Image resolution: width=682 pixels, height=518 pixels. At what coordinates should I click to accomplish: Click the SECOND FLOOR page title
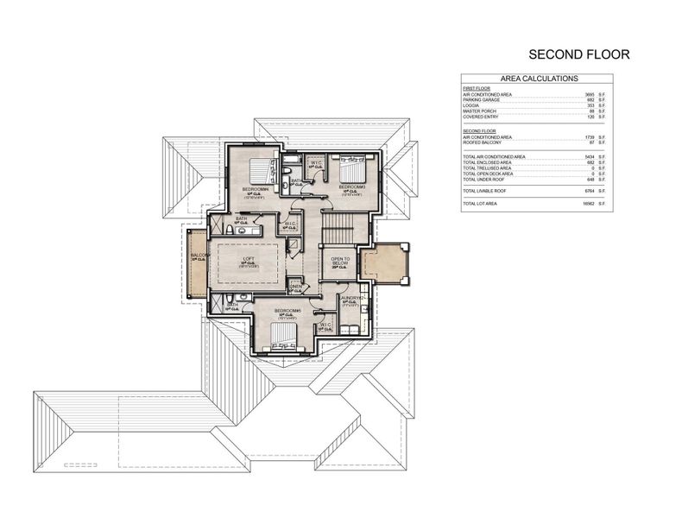[x=579, y=54]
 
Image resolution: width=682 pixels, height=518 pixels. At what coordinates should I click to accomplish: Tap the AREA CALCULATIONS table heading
[x=540, y=79]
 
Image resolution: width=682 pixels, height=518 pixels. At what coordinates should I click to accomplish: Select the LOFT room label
[x=247, y=257]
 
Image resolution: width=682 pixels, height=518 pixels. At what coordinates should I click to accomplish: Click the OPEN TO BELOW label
[x=339, y=262]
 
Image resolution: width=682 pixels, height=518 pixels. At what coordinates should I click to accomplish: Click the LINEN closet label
[x=294, y=287]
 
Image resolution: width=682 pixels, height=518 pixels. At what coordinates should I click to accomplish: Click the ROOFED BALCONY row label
[x=483, y=142]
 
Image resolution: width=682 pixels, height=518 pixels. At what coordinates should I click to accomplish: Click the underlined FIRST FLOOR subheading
[x=475, y=88]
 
